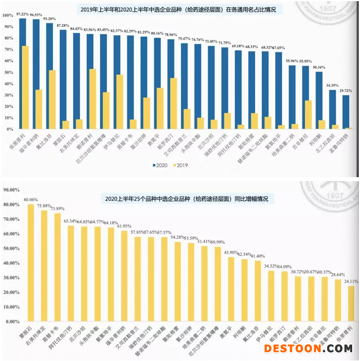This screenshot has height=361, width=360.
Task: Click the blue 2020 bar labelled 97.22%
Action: tap(22, 73)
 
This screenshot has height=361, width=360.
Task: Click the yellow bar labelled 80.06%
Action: tap(31, 263)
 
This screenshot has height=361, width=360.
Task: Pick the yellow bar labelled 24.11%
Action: tap(351, 304)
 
